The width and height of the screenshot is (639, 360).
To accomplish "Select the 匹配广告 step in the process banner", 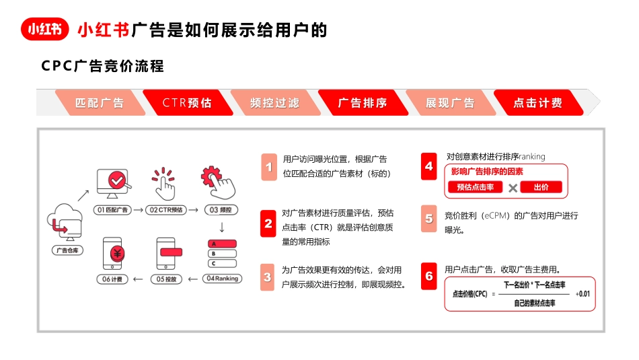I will coord(100,103).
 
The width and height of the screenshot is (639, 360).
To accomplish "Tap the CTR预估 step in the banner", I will coord(187,103).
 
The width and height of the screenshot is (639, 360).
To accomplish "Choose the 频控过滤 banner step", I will coord(274,103).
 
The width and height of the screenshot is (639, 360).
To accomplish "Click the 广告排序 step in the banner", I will coord(363,103).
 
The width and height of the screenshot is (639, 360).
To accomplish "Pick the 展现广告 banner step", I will coord(450,103).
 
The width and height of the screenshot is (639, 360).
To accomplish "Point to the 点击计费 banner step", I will coord(538,103).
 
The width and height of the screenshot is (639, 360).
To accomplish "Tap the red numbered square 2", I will coord(269,223).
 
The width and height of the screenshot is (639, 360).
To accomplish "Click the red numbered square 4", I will coord(429,166).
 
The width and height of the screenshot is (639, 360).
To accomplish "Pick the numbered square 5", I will coord(429,219).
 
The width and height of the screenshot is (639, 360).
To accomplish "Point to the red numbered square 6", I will coord(429,276).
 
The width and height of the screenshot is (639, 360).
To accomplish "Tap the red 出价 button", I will coord(541,187).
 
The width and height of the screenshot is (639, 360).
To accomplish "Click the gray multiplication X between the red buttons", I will coord(513,188).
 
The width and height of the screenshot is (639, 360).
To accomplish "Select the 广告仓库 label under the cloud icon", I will coord(65,250).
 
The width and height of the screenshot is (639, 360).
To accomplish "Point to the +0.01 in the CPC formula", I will coord(582,293).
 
